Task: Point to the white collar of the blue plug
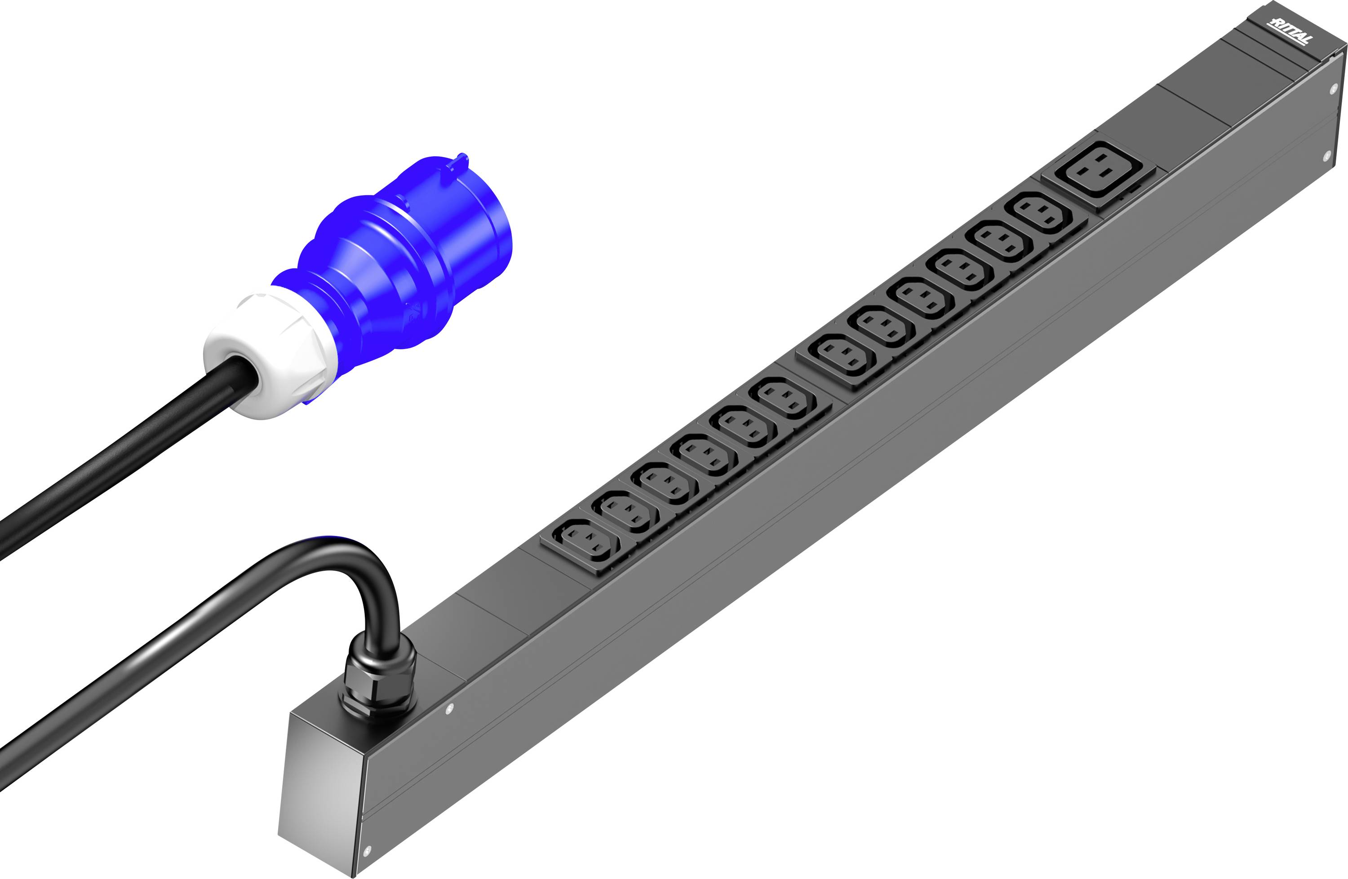click(x=266, y=353)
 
